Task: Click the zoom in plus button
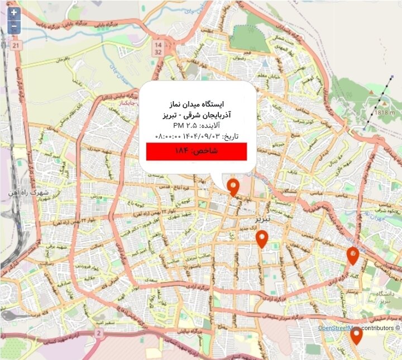click(x=13, y=12)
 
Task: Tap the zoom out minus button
click(x=13, y=25)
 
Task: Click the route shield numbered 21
click(x=16, y=45)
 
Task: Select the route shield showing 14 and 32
click(x=159, y=48)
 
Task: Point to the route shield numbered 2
click(x=99, y=333)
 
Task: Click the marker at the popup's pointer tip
click(x=234, y=187)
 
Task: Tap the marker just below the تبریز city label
click(x=261, y=238)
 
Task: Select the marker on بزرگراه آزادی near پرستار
click(x=352, y=255)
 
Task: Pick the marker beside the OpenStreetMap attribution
click(x=356, y=335)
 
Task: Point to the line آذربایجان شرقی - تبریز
click(x=197, y=115)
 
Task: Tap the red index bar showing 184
click(x=197, y=151)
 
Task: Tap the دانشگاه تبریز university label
click(x=386, y=297)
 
